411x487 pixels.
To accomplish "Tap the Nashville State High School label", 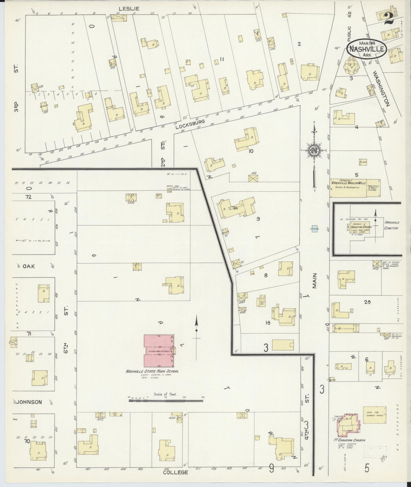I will tap(152, 371).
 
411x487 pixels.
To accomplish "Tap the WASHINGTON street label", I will tap(381, 88).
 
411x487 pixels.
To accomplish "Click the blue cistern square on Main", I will tap(314, 229).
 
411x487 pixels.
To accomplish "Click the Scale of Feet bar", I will tap(166, 401).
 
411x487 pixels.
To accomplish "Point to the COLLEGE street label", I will tap(175, 472).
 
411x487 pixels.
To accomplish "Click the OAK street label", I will tap(29, 266).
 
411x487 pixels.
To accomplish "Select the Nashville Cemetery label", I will tap(391, 225).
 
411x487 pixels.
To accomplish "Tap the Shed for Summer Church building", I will tap(374, 415).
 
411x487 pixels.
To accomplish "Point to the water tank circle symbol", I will tap(169, 190).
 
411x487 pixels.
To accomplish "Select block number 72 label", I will tap(28, 197).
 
